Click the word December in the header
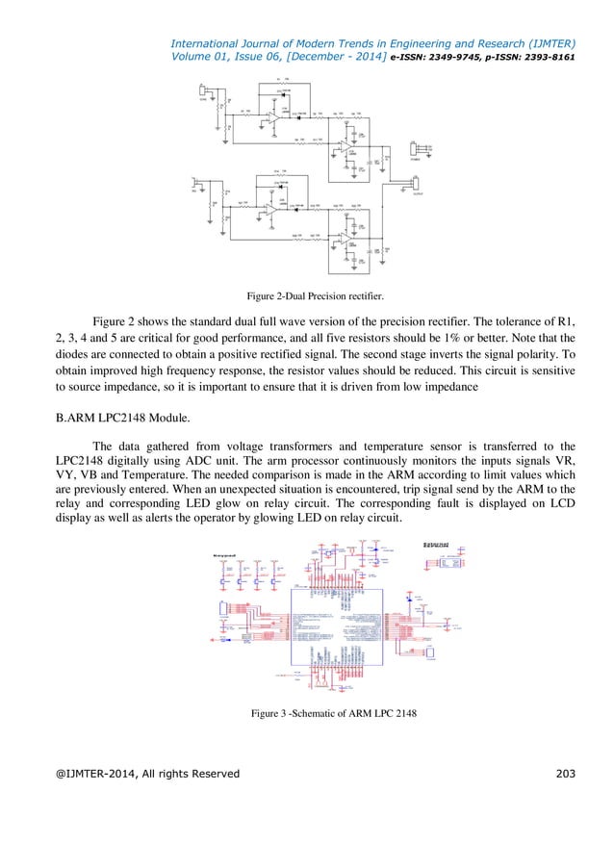click(320, 56)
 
